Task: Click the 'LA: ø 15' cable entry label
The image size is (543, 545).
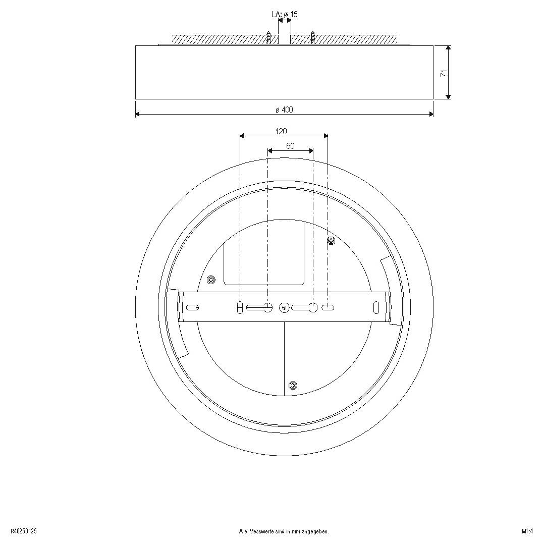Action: click(285, 15)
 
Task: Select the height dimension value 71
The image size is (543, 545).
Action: click(444, 73)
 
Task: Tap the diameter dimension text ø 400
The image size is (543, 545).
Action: click(284, 110)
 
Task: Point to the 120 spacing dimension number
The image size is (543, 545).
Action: click(281, 131)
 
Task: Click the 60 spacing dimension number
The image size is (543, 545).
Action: click(290, 146)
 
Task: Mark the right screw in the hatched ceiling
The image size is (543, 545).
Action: click(313, 37)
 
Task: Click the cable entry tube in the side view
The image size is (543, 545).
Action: click(285, 35)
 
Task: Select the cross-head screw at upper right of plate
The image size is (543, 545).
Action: click(331, 241)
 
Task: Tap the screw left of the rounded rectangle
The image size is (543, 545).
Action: click(211, 279)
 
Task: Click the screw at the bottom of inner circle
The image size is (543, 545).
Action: click(293, 386)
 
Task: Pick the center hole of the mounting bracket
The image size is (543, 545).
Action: click(284, 307)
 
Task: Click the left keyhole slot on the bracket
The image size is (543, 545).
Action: click(260, 307)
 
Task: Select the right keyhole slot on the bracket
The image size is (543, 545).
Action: click(306, 307)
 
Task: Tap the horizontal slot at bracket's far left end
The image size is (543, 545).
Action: click(193, 307)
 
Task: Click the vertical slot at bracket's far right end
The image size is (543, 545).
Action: click(376, 307)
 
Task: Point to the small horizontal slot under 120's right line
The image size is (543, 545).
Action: click(328, 307)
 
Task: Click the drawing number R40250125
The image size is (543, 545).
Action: click(23, 531)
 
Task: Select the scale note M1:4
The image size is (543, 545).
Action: click(527, 531)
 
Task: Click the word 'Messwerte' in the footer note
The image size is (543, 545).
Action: click(260, 531)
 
